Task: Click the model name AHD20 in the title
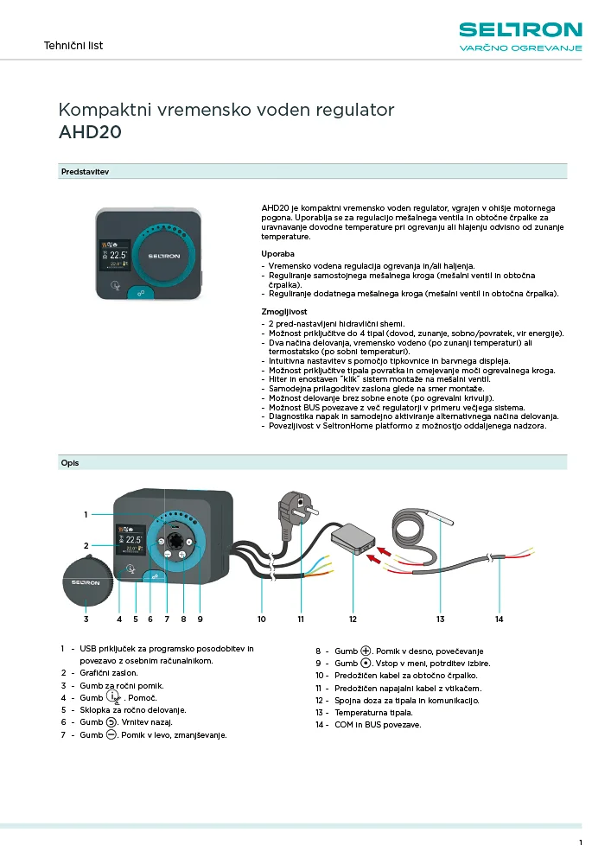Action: click(x=89, y=132)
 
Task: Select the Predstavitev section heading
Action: click(x=85, y=172)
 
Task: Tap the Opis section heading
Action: click(x=70, y=463)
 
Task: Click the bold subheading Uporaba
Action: click(x=278, y=253)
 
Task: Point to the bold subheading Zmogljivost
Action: click(x=284, y=310)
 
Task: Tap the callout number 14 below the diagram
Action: click(x=499, y=619)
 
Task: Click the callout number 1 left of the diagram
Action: click(x=86, y=515)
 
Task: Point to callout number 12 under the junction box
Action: click(x=353, y=619)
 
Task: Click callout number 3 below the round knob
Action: click(x=86, y=619)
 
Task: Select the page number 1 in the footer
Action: click(x=581, y=842)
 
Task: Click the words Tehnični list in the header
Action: click(x=73, y=45)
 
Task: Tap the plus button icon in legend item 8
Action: click(x=366, y=651)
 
